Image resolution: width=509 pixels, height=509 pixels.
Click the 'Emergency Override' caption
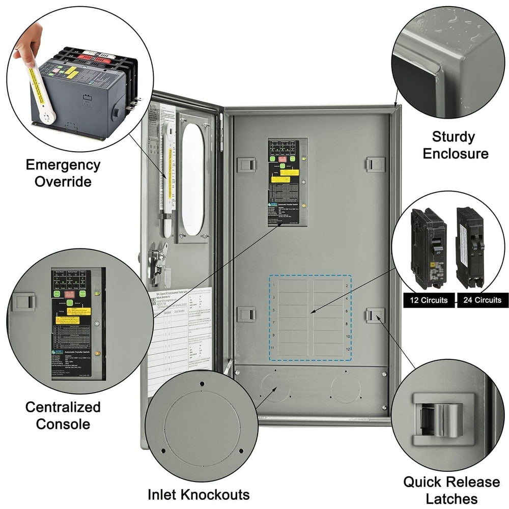tap(63, 173)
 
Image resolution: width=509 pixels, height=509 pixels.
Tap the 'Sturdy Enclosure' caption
tap(453, 145)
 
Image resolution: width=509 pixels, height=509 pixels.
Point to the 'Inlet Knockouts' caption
tap(199, 494)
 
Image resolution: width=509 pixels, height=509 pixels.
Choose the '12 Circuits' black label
tap(428, 300)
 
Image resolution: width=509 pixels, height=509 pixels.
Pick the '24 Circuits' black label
tap(482, 300)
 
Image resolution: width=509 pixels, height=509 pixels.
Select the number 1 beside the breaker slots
tap(274, 285)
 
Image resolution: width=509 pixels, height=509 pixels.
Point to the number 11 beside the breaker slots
tap(274, 348)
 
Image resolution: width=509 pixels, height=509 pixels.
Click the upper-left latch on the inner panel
tap(246, 164)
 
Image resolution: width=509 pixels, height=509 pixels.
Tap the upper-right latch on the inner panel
tap(375, 164)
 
